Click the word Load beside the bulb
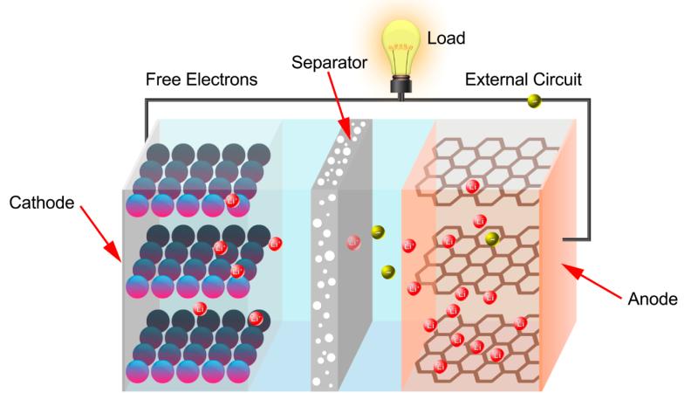[x=446, y=38]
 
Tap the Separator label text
[x=330, y=63]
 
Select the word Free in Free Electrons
[x=163, y=79]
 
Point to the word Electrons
[x=222, y=79]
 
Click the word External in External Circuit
[x=494, y=79]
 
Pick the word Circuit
[x=555, y=79]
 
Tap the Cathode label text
[x=42, y=203]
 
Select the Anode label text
[x=653, y=299]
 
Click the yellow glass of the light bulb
[x=401, y=47]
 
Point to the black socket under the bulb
[x=401, y=85]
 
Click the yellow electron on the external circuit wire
[x=534, y=101]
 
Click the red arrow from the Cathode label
[x=100, y=233]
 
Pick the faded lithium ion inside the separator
[x=353, y=243]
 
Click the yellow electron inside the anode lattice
[x=491, y=239]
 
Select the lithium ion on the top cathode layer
[x=231, y=201]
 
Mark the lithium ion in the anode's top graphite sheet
[x=472, y=186]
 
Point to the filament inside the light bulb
[x=401, y=46]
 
